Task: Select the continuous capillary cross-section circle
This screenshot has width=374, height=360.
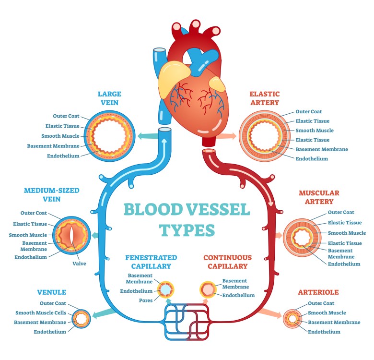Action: pos(208,289)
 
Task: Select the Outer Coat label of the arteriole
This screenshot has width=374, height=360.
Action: pos(321,303)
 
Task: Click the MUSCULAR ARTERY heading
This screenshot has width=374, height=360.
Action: pos(319,197)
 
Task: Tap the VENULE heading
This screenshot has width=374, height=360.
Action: pos(51,292)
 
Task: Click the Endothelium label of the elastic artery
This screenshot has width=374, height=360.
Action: pos(312,159)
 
